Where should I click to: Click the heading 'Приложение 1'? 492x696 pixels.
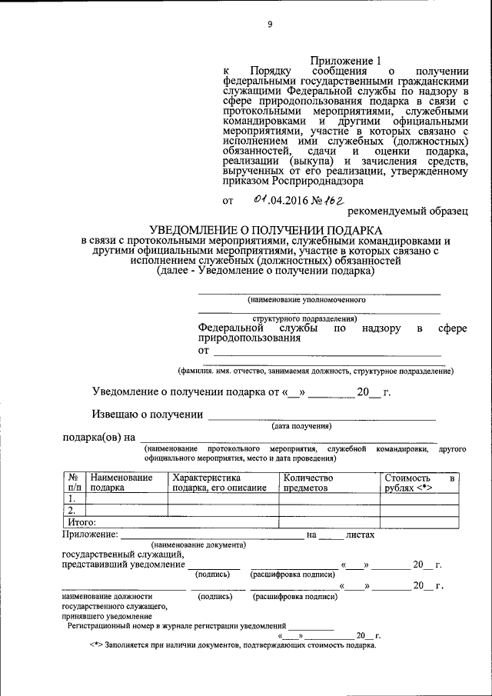(346, 61)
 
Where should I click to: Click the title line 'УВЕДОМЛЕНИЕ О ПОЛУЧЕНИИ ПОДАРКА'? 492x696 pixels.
(265, 230)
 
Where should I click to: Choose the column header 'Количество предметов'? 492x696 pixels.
(307, 482)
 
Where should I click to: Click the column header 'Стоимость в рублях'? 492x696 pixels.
(420, 482)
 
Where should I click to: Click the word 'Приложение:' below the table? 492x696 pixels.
(88, 534)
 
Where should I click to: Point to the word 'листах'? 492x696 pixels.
(360, 534)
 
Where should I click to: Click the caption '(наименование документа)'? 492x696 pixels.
(198, 544)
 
